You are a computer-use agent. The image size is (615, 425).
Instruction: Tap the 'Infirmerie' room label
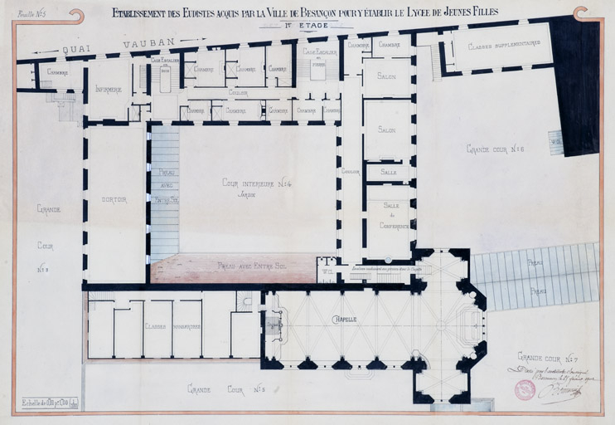pyautogui.click(x=109, y=89)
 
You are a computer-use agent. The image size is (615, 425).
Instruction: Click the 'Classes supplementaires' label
pyautogui.click(x=503, y=46)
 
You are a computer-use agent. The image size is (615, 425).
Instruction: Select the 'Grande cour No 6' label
pyautogui.click(x=496, y=149)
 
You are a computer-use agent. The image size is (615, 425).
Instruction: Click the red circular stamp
pyautogui.click(x=525, y=389)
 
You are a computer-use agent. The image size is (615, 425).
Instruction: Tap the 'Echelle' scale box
pyautogui.click(x=50, y=403)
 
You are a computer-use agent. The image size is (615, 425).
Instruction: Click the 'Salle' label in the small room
pyautogui.click(x=388, y=172)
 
